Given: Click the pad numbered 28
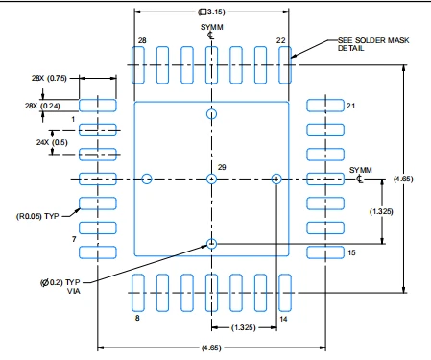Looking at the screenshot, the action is (x=138, y=65).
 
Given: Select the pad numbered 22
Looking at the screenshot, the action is (x=285, y=65).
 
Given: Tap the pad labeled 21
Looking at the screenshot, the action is (x=325, y=106).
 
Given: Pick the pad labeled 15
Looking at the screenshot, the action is (x=325, y=252).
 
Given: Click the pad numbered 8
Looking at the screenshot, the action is (x=138, y=293).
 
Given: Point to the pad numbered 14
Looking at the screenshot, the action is (x=285, y=293).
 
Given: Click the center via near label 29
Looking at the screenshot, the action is (x=211, y=179).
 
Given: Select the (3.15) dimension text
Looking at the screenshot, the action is (x=211, y=12).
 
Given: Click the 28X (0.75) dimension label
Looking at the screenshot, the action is (x=49, y=78).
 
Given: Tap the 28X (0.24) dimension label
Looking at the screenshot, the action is (x=42, y=106).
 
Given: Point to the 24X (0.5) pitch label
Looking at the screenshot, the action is (x=52, y=142).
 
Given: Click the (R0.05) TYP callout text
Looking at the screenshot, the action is (x=37, y=216).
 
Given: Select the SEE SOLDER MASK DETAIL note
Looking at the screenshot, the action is (x=373, y=44).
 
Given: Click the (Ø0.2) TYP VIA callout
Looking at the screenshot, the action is (x=60, y=287).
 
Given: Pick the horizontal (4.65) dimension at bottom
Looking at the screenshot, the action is (x=211, y=348).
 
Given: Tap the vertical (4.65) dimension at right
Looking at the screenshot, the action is (x=403, y=179).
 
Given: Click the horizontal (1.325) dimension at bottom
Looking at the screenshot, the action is (x=244, y=327).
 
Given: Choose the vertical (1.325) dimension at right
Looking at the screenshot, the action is (x=381, y=211).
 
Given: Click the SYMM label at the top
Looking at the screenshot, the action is (x=211, y=27).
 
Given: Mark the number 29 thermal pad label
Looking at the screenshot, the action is (x=222, y=167).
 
